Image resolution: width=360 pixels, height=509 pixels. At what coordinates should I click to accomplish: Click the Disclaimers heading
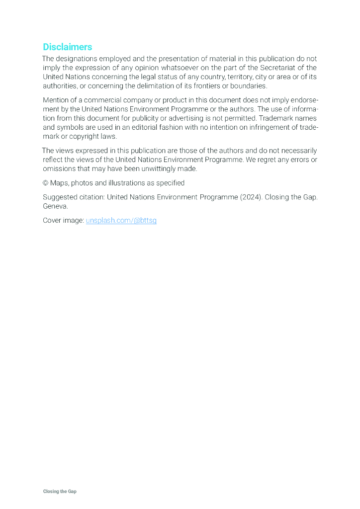coord(68,47)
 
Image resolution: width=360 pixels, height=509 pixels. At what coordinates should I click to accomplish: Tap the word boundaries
coord(248,85)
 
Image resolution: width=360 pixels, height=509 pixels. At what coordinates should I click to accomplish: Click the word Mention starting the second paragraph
coord(56,100)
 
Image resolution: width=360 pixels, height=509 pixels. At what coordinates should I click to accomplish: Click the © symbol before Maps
coord(45,183)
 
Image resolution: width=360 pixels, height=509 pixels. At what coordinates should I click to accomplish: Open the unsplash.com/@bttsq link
coord(121,220)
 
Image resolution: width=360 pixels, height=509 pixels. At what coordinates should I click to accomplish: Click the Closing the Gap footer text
coord(60,491)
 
